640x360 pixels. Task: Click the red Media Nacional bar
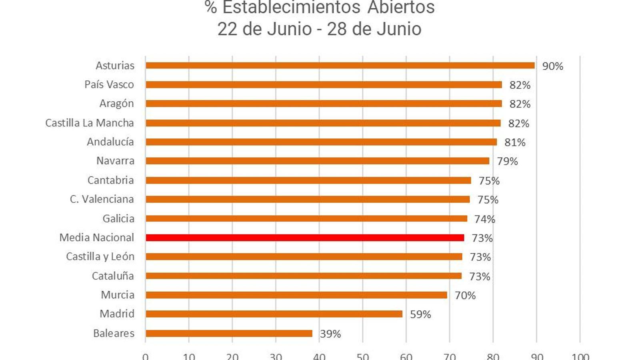tap(305, 238)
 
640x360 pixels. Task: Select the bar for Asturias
tap(340, 66)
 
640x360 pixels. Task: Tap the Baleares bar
tap(229, 333)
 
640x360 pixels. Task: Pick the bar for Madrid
tap(274, 314)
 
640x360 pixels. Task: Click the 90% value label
tap(552, 66)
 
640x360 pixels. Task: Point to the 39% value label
tap(330, 334)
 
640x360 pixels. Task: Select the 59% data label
tap(420, 314)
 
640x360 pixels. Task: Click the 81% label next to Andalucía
tap(515, 142)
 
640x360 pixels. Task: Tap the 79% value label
tap(507, 161)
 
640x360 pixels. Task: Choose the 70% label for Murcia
tap(465, 296)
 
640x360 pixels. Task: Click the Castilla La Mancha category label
tap(90, 123)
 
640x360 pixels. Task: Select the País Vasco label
tap(109, 84)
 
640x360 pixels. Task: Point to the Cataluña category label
tap(113, 276)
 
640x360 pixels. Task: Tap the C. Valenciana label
tap(102, 199)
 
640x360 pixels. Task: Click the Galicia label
tap(118, 218)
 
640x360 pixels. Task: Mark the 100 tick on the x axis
tap(580, 356)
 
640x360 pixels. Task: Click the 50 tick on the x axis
tap(363, 356)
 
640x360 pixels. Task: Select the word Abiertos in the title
tap(401, 7)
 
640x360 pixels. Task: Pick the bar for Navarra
tap(317, 161)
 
